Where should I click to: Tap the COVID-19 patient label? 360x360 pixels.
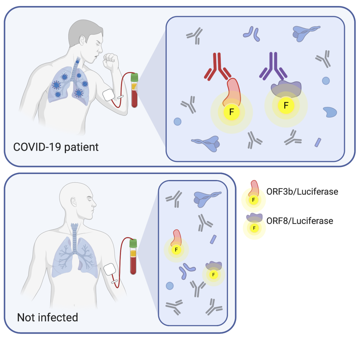point(56,147)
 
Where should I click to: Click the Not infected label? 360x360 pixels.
point(47,317)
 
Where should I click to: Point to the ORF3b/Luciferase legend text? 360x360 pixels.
point(302,191)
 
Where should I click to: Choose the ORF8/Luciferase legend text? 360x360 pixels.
point(300,221)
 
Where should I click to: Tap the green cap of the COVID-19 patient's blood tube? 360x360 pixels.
point(134,78)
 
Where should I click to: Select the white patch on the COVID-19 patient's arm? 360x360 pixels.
point(109,95)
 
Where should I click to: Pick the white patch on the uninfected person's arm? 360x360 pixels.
point(110,269)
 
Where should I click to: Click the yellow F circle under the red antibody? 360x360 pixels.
point(231,112)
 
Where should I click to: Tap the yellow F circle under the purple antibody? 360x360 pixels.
point(286,105)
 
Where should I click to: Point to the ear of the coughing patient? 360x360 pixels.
point(82,40)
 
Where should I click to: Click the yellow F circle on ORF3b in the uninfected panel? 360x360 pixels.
point(176,250)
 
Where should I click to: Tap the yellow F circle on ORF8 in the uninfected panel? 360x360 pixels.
point(214,274)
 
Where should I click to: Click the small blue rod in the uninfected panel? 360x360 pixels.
point(213,239)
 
